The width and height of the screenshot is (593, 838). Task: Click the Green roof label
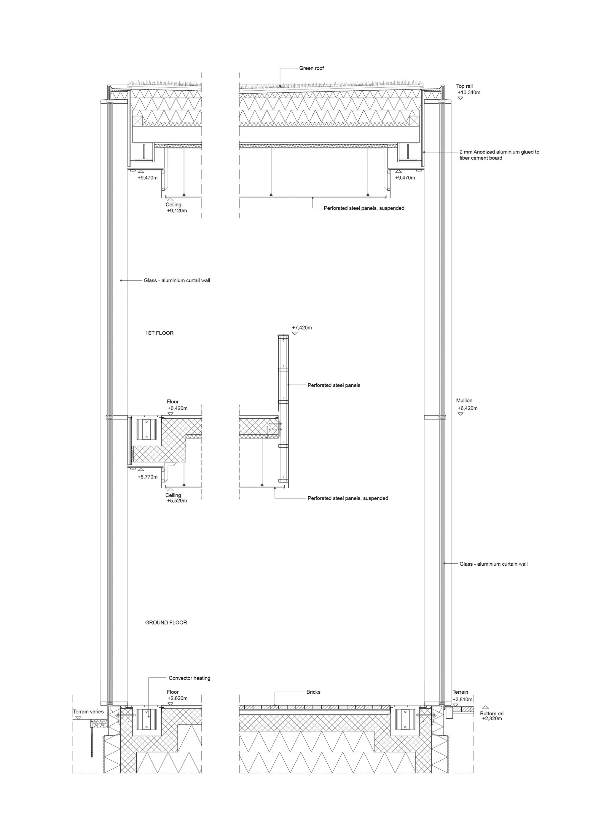[311, 68]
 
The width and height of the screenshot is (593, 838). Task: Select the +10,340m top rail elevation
[469, 93]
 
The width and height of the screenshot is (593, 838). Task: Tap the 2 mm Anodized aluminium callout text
[499, 155]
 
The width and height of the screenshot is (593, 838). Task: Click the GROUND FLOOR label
[166, 622]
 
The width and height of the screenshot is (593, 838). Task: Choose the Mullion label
[464, 400]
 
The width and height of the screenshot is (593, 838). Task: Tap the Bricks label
[313, 692]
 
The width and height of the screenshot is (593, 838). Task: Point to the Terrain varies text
[88, 711]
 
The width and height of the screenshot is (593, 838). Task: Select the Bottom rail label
[492, 713]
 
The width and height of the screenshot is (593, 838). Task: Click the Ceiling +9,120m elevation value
[177, 211]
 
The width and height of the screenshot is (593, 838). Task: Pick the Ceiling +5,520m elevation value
[177, 500]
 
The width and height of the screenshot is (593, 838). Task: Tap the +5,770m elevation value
[148, 477]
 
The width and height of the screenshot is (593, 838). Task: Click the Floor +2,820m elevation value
[178, 698]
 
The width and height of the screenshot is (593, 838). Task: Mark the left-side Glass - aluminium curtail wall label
[177, 280]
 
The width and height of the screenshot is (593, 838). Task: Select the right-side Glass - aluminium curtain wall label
[493, 564]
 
